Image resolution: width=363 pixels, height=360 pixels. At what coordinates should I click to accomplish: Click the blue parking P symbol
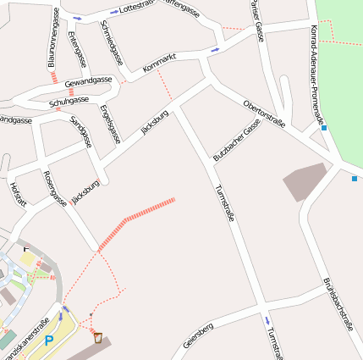(x=48, y=341)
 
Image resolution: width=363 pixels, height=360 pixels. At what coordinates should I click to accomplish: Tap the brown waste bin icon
(x=99, y=338)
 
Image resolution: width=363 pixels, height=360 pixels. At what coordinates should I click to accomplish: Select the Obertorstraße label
(x=264, y=114)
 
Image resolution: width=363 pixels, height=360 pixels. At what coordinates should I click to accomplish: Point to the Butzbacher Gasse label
(x=236, y=140)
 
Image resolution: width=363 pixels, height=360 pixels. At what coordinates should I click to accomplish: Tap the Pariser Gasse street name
(x=255, y=19)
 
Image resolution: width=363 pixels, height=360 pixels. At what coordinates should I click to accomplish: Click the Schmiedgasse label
(x=112, y=43)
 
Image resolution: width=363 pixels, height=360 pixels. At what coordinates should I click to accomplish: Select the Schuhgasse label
(x=69, y=102)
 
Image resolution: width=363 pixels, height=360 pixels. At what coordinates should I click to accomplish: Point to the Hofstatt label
(x=18, y=193)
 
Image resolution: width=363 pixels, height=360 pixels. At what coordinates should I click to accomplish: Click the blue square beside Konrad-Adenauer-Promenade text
(x=324, y=128)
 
